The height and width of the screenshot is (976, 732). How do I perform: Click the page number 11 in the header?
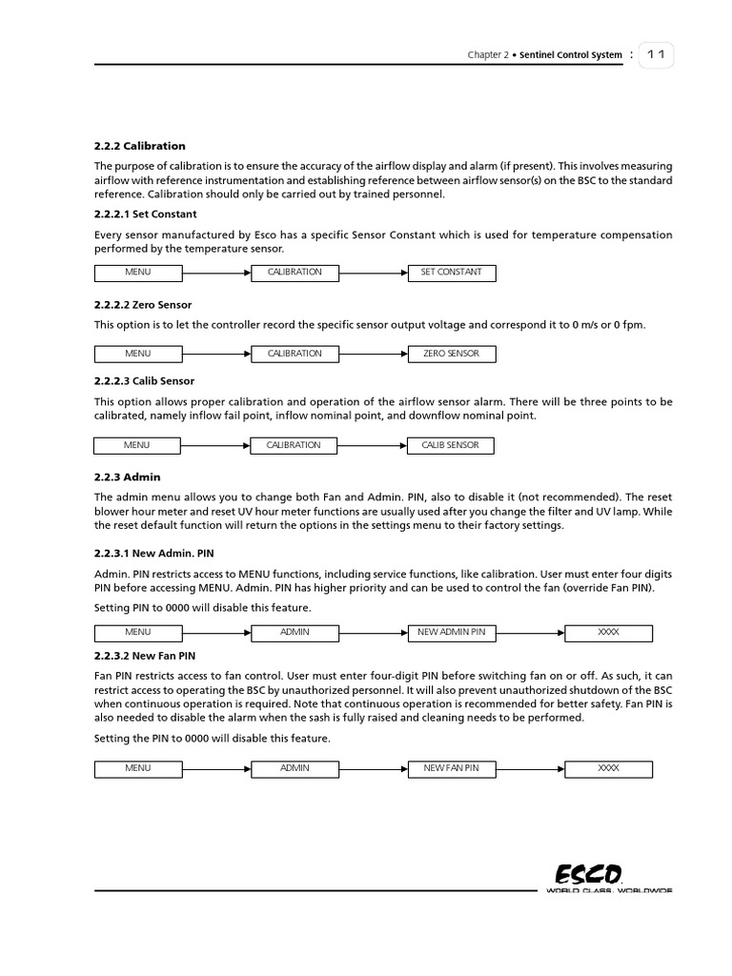click(656, 55)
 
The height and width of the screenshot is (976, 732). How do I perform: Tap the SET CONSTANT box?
click(451, 273)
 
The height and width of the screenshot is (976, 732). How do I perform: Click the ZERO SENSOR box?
click(451, 354)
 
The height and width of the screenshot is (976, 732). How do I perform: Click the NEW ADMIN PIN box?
click(451, 632)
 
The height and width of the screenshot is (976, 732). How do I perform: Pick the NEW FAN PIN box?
click(451, 768)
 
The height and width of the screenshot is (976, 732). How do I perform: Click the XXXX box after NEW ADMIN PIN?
click(608, 632)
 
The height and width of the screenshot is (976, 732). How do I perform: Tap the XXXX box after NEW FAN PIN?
click(608, 768)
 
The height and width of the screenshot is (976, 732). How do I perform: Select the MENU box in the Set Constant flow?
click(138, 273)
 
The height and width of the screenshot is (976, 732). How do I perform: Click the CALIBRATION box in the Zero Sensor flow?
click(295, 354)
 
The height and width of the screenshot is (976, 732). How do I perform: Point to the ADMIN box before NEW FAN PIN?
click(295, 768)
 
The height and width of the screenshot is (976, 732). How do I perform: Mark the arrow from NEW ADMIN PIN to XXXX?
click(529, 632)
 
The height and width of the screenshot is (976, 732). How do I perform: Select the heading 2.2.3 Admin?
click(121, 477)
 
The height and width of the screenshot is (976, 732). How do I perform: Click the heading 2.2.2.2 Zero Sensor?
click(143, 305)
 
